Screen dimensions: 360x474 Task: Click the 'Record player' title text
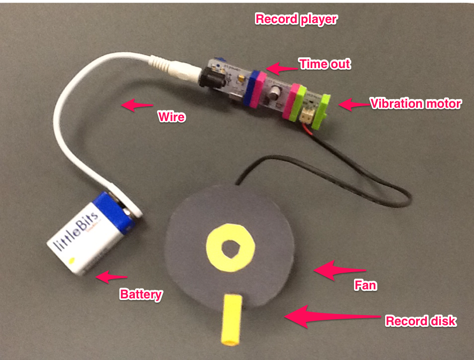(x=296, y=20)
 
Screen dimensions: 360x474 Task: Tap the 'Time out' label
(x=325, y=64)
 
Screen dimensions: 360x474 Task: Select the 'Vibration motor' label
(x=416, y=103)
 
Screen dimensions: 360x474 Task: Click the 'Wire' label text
(x=171, y=116)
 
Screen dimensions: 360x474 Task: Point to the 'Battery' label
(x=141, y=294)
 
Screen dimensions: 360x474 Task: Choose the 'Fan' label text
(x=366, y=286)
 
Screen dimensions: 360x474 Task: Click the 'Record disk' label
(x=420, y=321)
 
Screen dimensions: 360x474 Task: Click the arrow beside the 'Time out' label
(x=281, y=68)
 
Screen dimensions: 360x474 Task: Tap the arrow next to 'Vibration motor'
(x=351, y=104)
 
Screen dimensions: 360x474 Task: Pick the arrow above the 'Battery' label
(x=111, y=277)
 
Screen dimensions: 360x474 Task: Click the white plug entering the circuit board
(x=172, y=66)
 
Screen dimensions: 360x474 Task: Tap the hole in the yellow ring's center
(x=232, y=247)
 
